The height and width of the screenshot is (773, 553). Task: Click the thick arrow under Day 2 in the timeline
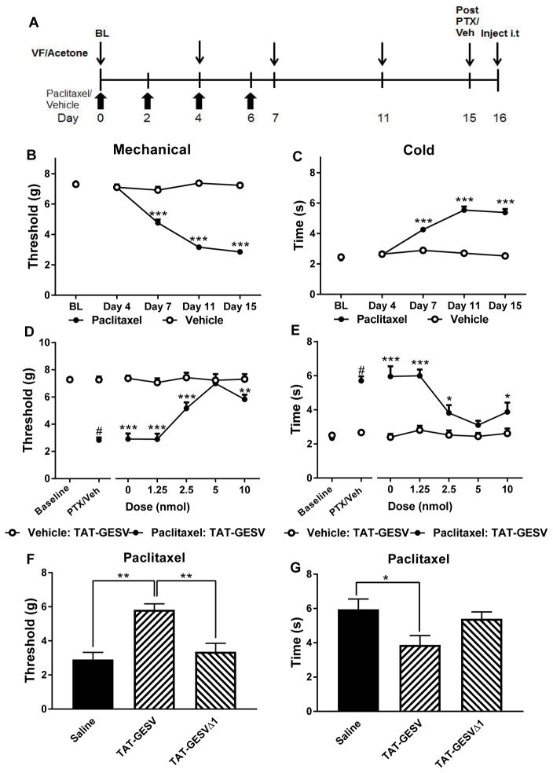pyautogui.click(x=148, y=99)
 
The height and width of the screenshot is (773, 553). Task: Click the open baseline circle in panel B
pyautogui.click(x=75, y=184)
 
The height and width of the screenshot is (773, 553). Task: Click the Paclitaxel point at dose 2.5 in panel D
pyautogui.click(x=186, y=407)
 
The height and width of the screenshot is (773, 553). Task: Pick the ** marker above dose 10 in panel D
pyautogui.click(x=246, y=391)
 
